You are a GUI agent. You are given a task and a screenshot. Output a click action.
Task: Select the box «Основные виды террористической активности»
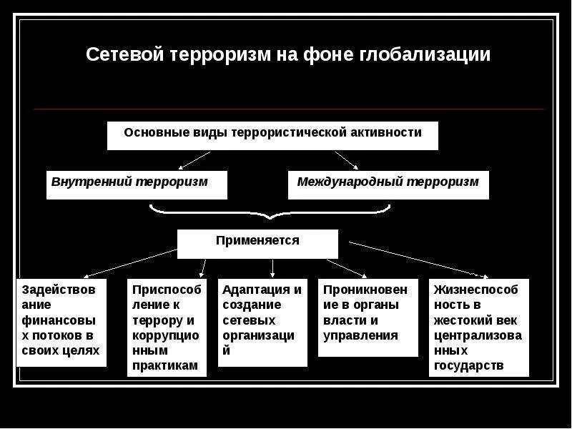pos(272,135)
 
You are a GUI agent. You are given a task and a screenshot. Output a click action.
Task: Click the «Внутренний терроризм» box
pos(137,184)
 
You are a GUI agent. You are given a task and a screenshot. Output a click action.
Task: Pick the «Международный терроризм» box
pos(388,184)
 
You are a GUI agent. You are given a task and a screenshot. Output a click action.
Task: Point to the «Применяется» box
pos(257,243)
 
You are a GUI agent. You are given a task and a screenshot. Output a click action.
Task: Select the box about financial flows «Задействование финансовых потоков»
pos(61,322)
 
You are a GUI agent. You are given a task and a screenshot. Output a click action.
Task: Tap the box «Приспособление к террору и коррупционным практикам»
pos(167,327)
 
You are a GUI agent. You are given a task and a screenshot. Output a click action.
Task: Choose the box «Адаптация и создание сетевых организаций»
pos(262,322)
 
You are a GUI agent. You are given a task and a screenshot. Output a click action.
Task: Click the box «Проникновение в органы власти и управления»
pos(368,317)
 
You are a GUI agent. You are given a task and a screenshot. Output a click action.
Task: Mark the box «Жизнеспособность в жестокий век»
pos(479,327)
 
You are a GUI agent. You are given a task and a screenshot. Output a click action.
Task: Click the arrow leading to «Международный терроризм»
pos(347,159)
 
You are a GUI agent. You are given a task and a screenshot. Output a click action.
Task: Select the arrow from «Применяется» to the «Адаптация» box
pos(272,267)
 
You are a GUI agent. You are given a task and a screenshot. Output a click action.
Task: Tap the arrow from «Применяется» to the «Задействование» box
pos(129,262)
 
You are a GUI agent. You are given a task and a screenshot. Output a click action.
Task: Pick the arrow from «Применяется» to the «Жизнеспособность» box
pos(422,259)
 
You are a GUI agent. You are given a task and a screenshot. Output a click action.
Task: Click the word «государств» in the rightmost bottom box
pos(468,366)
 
